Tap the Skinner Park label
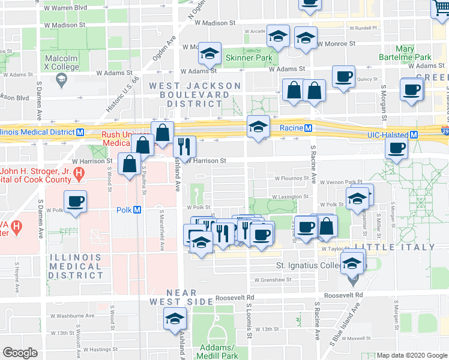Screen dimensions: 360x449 click(x=249, y=58)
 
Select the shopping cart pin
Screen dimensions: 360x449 click(x=441, y=7)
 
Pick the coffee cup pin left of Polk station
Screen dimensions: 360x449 click(x=75, y=202)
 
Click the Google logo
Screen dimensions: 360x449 click(x=20, y=353)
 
